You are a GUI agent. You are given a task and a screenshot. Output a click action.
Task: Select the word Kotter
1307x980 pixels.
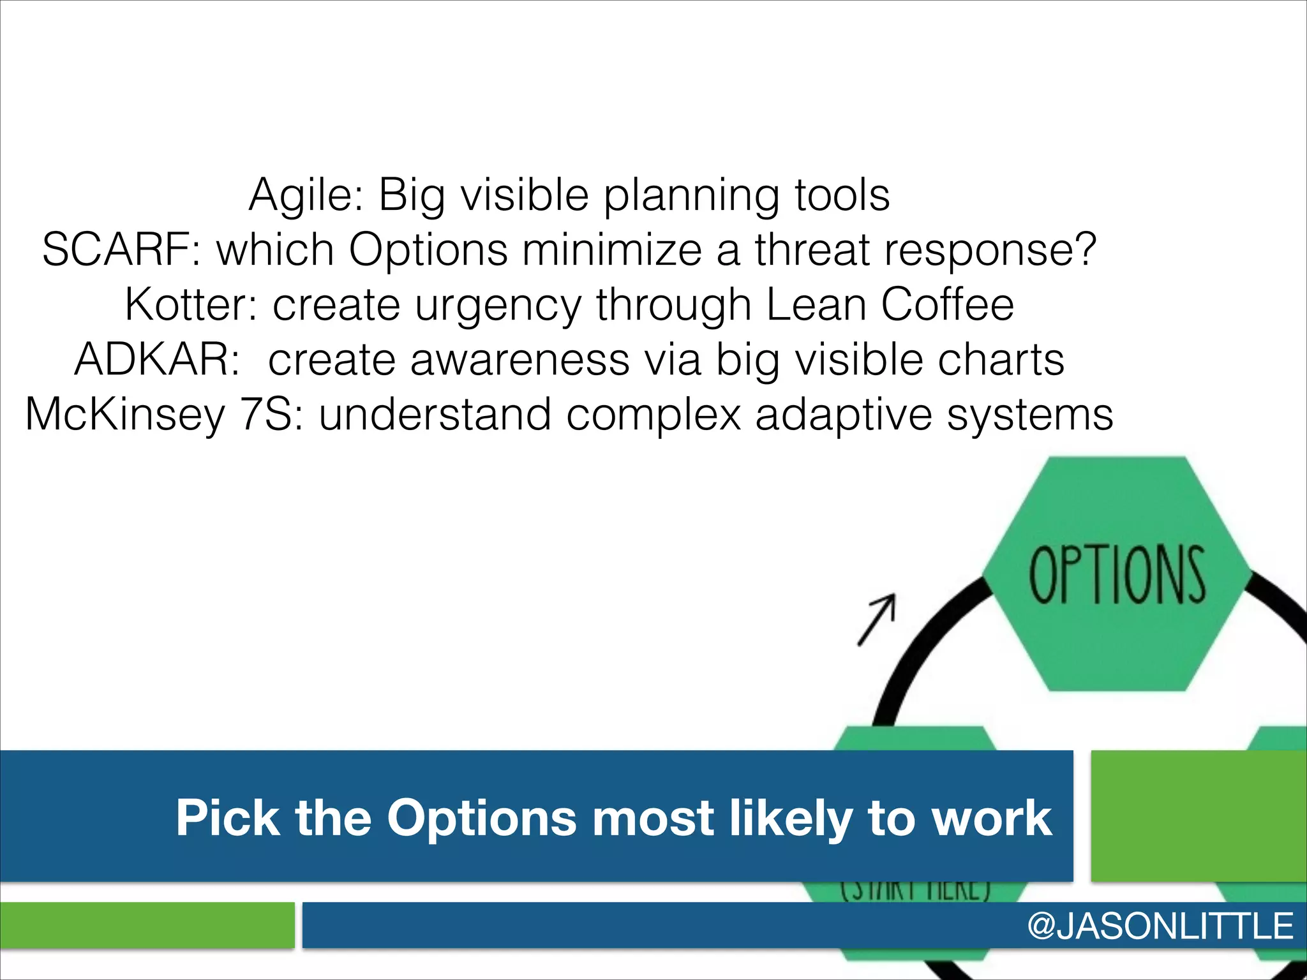click(x=190, y=304)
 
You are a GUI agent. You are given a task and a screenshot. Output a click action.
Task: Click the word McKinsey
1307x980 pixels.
click(x=125, y=415)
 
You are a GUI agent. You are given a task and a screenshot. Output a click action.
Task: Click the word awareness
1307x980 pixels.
click(x=520, y=359)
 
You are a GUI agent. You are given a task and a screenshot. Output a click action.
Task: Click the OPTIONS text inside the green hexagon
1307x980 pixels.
click(x=1117, y=574)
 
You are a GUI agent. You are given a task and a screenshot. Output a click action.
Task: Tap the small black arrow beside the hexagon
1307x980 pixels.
click(x=878, y=619)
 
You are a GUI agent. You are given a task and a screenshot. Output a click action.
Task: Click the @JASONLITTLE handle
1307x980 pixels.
click(x=1160, y=926)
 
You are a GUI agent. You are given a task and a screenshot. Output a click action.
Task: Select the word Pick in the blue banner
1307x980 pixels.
click(x=227, y=818)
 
